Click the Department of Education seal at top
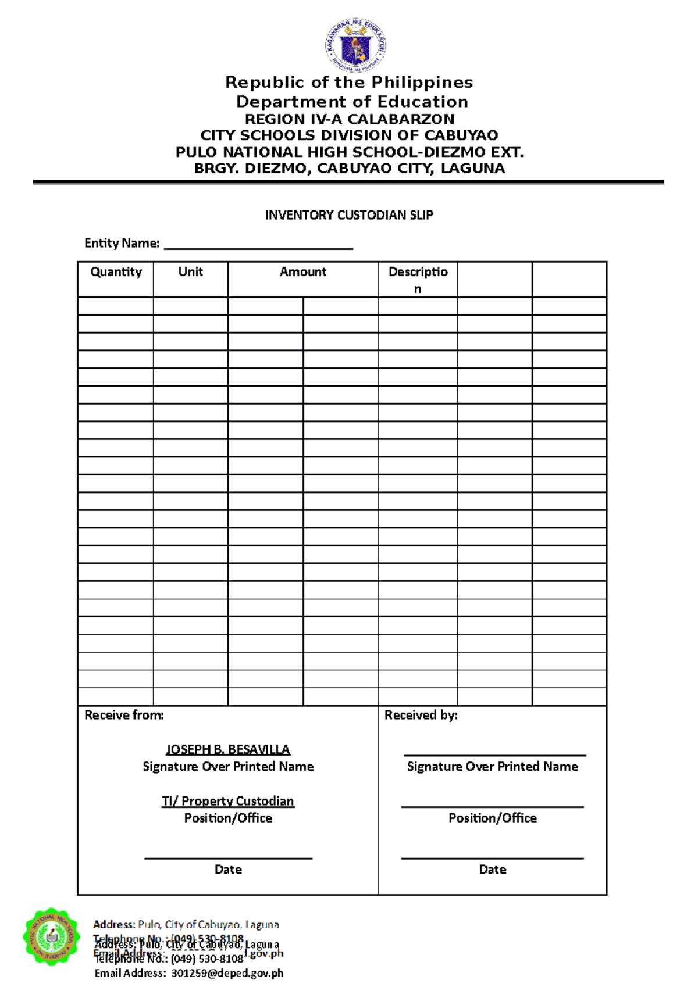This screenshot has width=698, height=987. coord(355,45)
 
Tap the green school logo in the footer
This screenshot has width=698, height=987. coord(51,936)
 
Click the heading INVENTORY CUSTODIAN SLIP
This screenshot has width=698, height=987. coord(349,215)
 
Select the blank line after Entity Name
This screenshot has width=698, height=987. coord(258,245)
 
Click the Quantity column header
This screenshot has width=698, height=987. coord(116,272)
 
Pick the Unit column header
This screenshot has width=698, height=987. coord(190,272)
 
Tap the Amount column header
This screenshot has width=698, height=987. coord(302,272)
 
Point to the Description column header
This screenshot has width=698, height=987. coord(418,280)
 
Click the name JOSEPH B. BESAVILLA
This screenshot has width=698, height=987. coord(228,750)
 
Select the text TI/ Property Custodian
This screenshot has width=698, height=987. coord(228,801)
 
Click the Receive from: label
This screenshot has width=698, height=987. coord(124,715)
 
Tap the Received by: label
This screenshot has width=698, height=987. coord(421,715)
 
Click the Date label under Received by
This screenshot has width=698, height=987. coord(492,870)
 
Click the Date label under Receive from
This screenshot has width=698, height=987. coord(228,870)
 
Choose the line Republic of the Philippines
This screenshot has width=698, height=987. coord(349,83)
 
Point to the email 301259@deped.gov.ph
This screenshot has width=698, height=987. coord(227,973)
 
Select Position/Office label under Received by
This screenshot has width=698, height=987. coord(492,818)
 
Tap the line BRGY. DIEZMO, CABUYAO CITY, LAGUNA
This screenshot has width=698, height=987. coord(349,169)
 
